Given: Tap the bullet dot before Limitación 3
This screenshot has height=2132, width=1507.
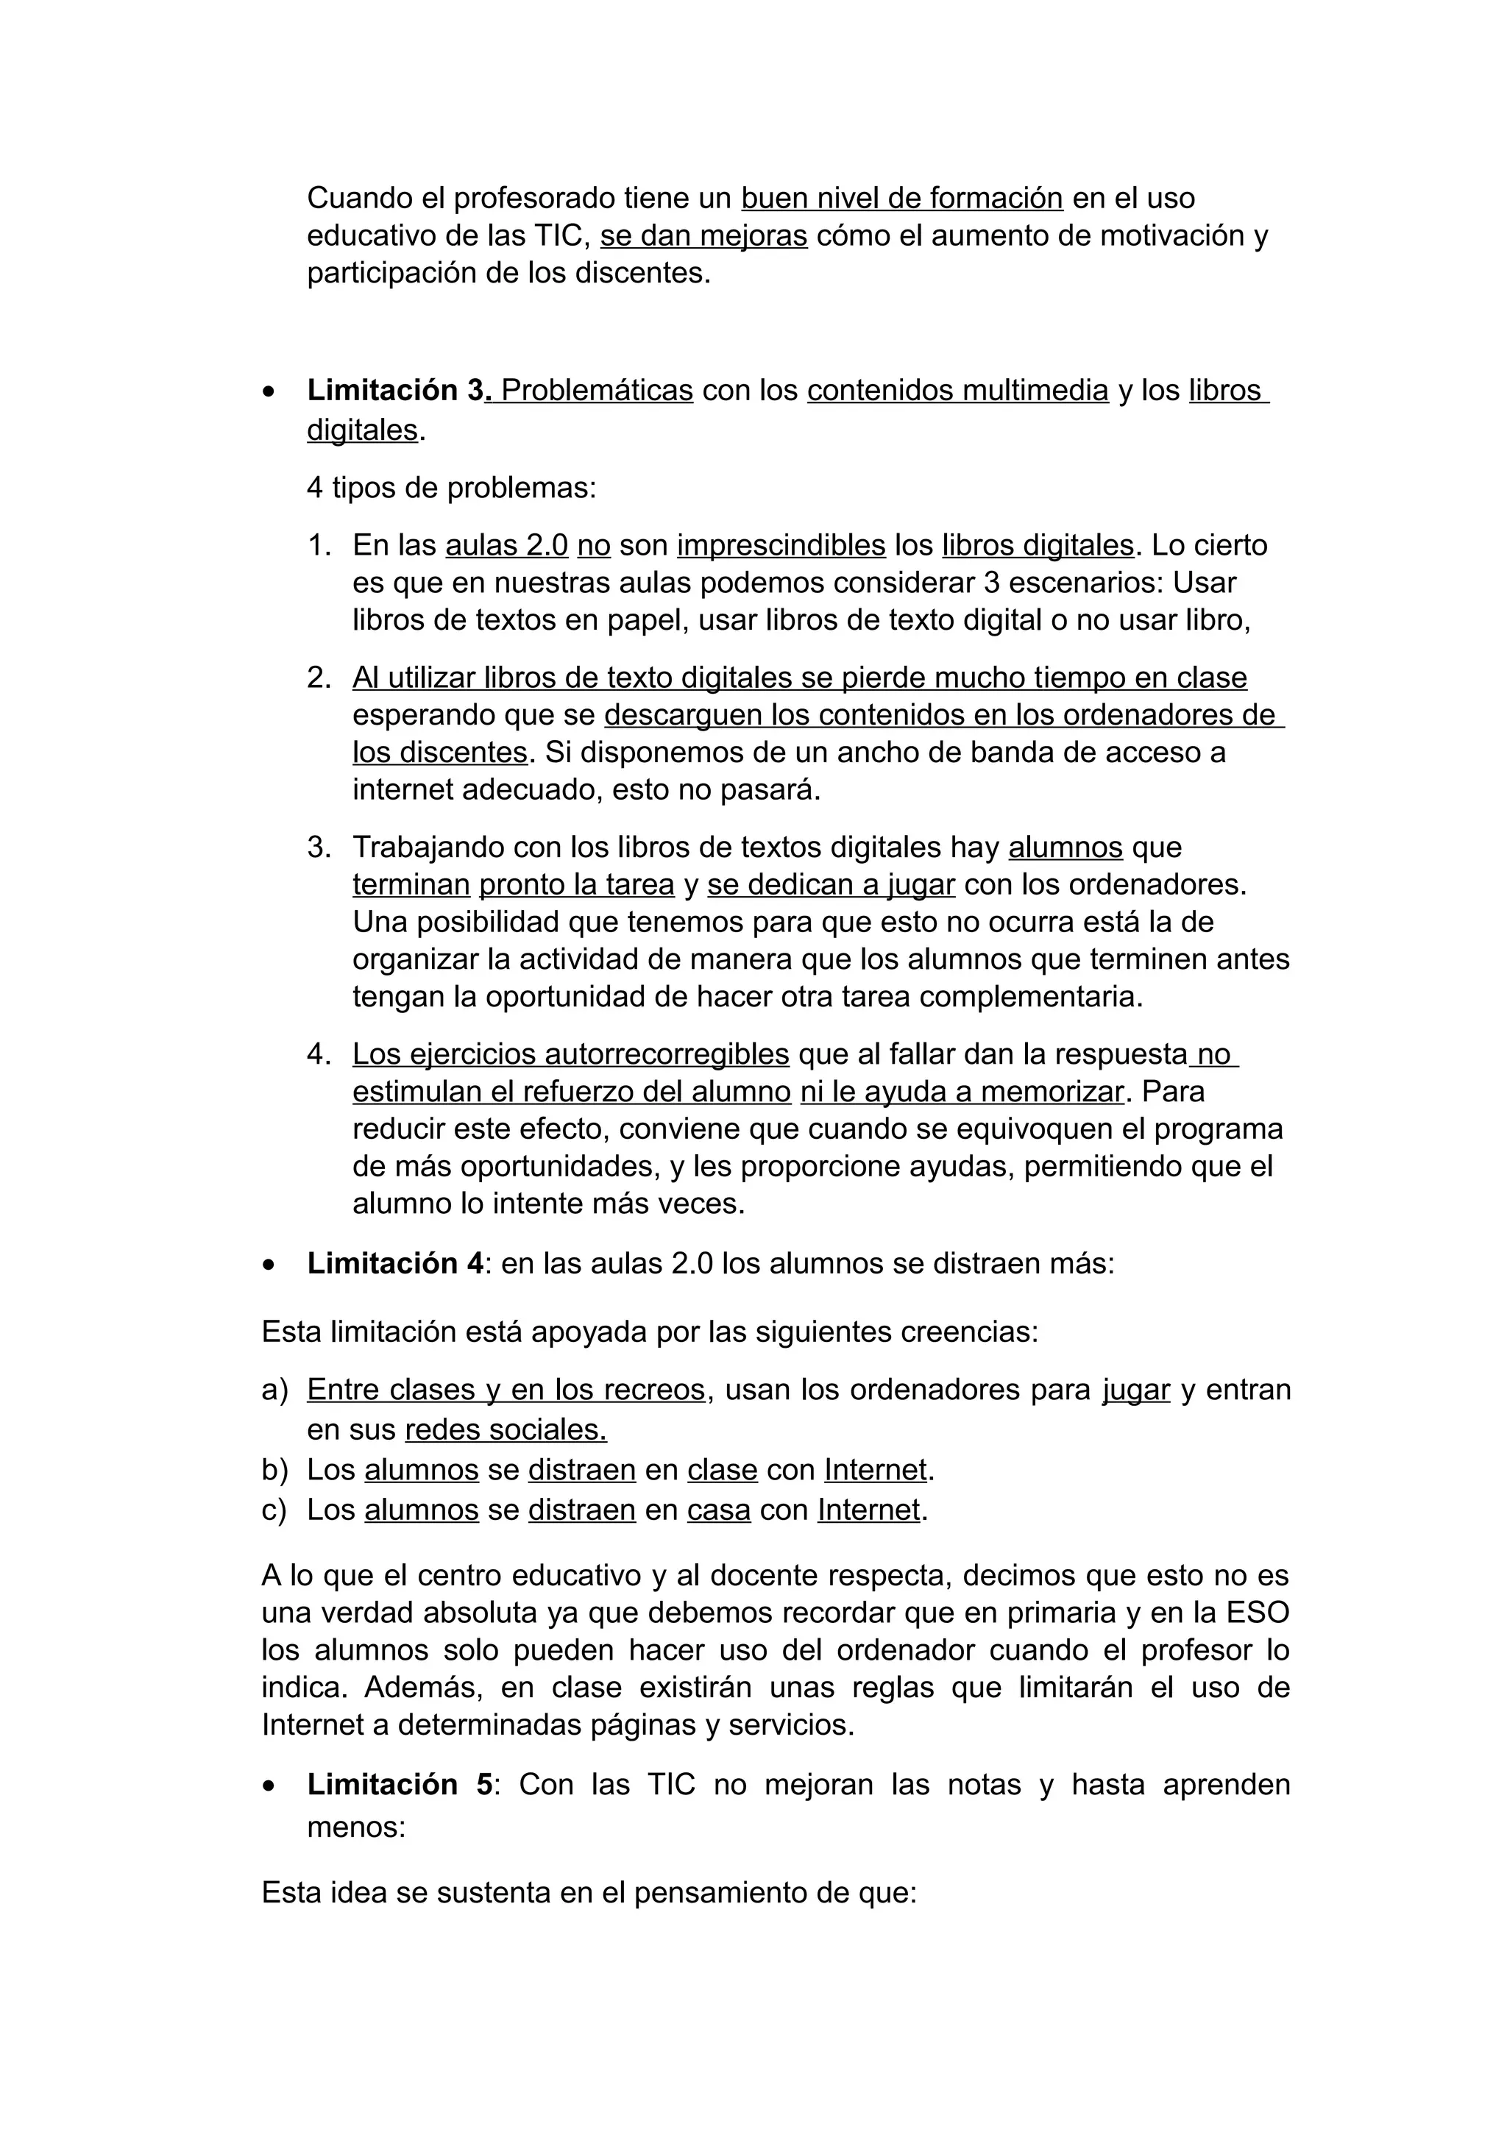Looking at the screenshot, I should [x=269, y=393].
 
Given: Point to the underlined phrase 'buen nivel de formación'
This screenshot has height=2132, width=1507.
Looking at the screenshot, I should [x=901, y=198].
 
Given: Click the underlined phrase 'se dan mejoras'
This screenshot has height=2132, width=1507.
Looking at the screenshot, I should [x=703, y=236].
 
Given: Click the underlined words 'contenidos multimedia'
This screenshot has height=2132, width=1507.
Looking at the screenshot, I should [x=957, y=390].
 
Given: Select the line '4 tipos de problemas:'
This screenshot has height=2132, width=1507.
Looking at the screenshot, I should [x=451, y=488].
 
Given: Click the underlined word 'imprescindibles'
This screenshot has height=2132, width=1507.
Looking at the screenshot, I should [x=781, y=545].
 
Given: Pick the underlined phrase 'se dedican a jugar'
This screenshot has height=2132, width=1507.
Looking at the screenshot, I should [x=831, y=884].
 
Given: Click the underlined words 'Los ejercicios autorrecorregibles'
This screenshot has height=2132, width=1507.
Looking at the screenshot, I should [x=570, y=1054].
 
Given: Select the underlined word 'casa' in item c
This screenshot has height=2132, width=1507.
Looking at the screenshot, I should [x=719, y=1510].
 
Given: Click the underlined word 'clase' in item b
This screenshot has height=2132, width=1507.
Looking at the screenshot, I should [x=723, y=1470].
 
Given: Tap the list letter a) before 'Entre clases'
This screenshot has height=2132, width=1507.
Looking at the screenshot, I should [x=275, y=1390].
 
